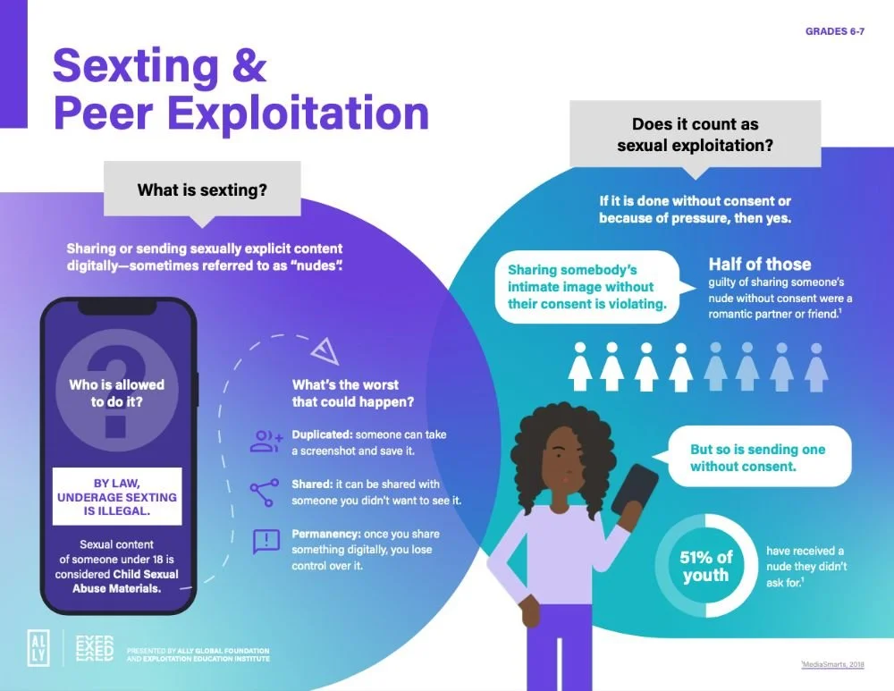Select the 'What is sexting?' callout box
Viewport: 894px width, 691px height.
point(202,190)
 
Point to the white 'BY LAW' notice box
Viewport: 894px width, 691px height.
point(117,496)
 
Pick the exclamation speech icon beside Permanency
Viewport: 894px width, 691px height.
point(266,542)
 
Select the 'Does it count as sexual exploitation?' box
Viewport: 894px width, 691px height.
point(695,134)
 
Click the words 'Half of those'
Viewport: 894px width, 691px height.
point(760,264)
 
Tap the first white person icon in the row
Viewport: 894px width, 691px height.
point(579,366)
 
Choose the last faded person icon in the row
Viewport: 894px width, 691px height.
point(815,366)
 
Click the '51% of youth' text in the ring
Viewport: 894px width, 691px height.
point(705,566)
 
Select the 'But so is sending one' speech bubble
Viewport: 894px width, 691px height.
point(756,458)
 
